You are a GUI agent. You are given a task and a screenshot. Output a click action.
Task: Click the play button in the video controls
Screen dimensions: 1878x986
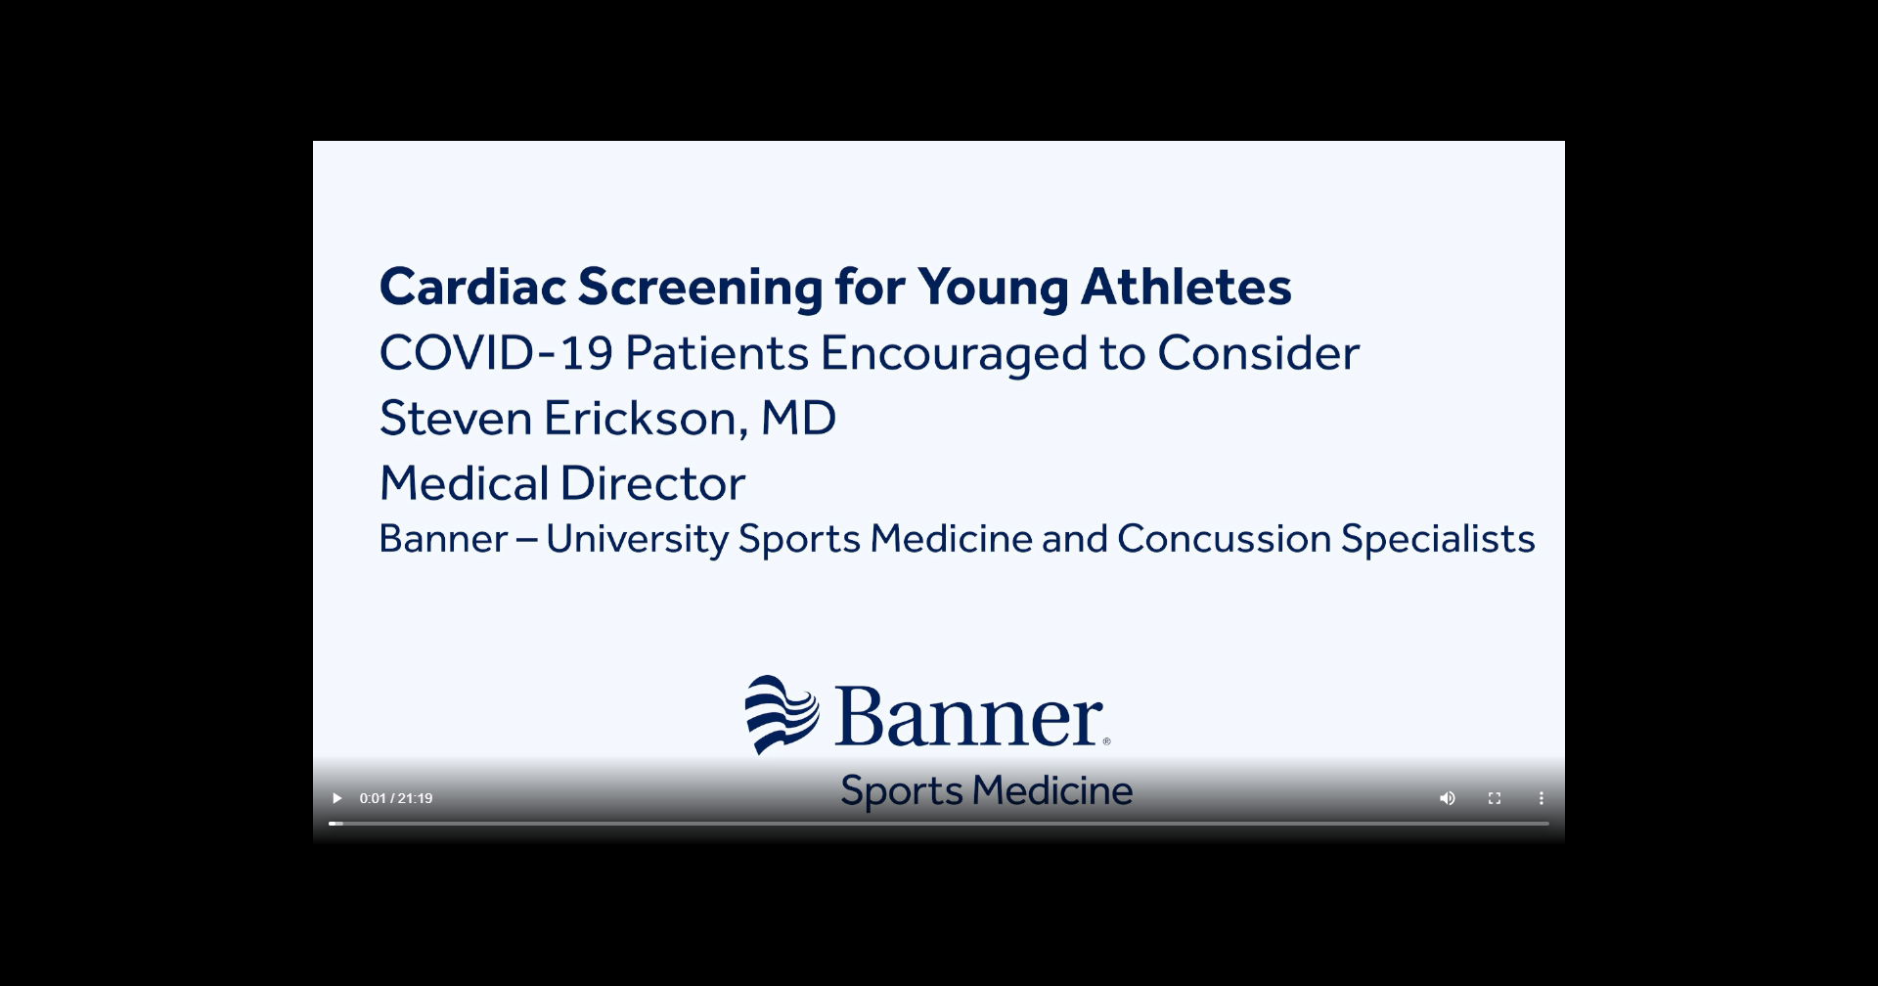coord(337,798)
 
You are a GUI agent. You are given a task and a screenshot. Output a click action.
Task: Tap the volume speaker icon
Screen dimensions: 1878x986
coord(1448,798)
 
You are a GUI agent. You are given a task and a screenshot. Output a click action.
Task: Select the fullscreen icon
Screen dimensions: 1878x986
coord(1495,798)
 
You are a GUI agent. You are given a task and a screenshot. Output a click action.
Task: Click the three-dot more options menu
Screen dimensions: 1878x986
coord(1542,798)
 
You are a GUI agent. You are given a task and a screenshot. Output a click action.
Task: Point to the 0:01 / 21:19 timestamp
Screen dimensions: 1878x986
coord(396,798)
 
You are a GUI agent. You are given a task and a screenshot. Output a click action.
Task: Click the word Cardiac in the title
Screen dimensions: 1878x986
coord(473,287)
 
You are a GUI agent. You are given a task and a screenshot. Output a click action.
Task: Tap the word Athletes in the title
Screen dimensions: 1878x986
coord(1185,287)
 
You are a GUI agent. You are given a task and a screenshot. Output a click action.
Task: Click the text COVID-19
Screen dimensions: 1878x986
coord(496,353)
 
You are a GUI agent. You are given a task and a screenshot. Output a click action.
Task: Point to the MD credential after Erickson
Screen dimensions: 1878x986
coord(798,418)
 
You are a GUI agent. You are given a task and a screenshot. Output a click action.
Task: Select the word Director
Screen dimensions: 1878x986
coord(652,483)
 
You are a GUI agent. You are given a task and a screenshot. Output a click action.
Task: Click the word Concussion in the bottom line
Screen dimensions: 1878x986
coord(1224,539)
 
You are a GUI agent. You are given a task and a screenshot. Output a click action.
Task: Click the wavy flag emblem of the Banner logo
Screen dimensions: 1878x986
coord(782,714)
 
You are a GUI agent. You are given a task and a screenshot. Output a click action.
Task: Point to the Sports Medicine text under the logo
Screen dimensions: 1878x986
coord(986,791)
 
